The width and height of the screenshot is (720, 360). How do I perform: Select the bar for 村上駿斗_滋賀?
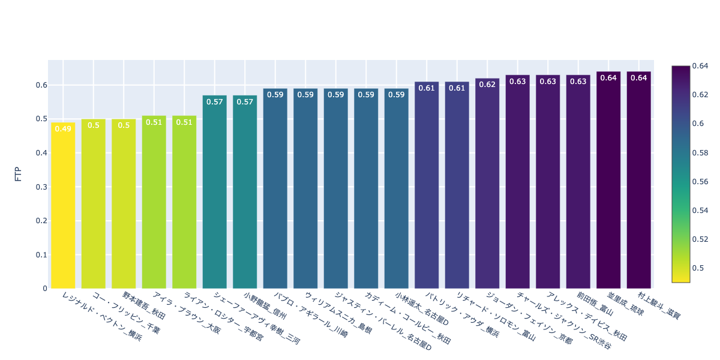coord(638,180)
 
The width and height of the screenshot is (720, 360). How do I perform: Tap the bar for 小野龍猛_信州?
coord(245,192)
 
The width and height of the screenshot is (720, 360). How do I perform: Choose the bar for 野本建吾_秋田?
coord(124,203)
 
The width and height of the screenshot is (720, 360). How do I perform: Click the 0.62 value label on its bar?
coord(487,85)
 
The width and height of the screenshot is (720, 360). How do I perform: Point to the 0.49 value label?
coord(63,128)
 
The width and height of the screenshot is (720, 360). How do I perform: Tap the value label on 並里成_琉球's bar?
coord(608,78)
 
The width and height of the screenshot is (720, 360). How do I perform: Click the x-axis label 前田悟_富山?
coord(595,303)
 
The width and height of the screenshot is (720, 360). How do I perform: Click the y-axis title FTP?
coord(18,175)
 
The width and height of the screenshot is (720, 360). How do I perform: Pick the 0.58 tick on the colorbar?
coord(700,152)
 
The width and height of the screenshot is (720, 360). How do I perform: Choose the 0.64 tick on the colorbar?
coord(700,66)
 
